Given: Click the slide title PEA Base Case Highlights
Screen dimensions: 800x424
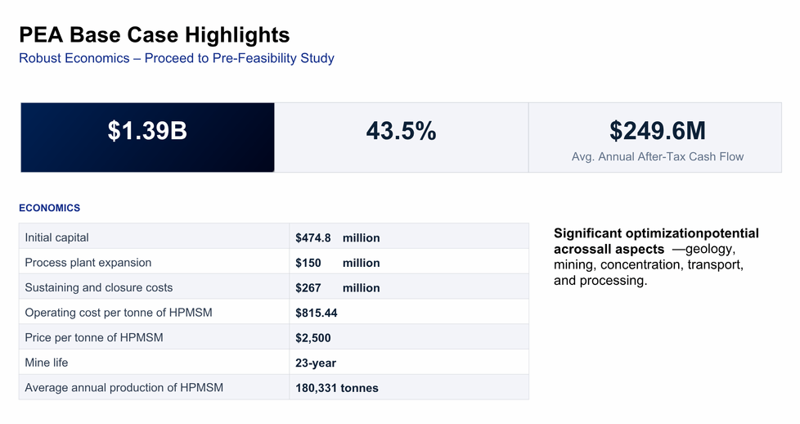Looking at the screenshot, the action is (x=154, y=35).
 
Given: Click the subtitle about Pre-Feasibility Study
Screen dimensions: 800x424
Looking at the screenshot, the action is (x=177, y=58).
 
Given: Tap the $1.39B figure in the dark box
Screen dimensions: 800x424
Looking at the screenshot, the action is (x=147, y=131).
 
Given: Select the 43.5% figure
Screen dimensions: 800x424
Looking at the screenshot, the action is (x=401, y=131).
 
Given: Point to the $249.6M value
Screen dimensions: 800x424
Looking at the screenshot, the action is (x=657, y=131).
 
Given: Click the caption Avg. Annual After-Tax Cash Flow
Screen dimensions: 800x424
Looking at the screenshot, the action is (x=657, y=157).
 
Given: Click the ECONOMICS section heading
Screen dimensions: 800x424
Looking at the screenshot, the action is (x=50, y=208).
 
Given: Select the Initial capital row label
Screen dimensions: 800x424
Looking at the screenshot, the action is (x=56, y=237).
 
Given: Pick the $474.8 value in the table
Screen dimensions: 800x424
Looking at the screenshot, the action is (x=312, y=238).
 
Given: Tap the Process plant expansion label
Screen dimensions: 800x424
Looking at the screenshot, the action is (x=88, y=263).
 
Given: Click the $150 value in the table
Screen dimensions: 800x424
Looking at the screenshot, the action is (x=308, y=263).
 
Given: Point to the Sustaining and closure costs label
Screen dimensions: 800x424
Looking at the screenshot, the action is (x=98, y=287).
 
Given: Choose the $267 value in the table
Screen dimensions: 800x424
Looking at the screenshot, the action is (x=308, y=288).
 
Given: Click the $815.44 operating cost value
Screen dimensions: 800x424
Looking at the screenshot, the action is (x=317, y=313).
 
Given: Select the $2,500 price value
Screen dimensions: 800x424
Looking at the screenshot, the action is (x=312, y=338).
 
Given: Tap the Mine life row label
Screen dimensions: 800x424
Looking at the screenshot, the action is (x=47, y=363).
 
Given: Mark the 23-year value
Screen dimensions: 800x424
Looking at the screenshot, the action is (x=316, y=363).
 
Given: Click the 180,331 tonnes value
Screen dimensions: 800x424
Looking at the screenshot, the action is (x=337, y=388).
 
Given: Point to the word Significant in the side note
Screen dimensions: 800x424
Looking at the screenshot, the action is (x=588, y=233).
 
